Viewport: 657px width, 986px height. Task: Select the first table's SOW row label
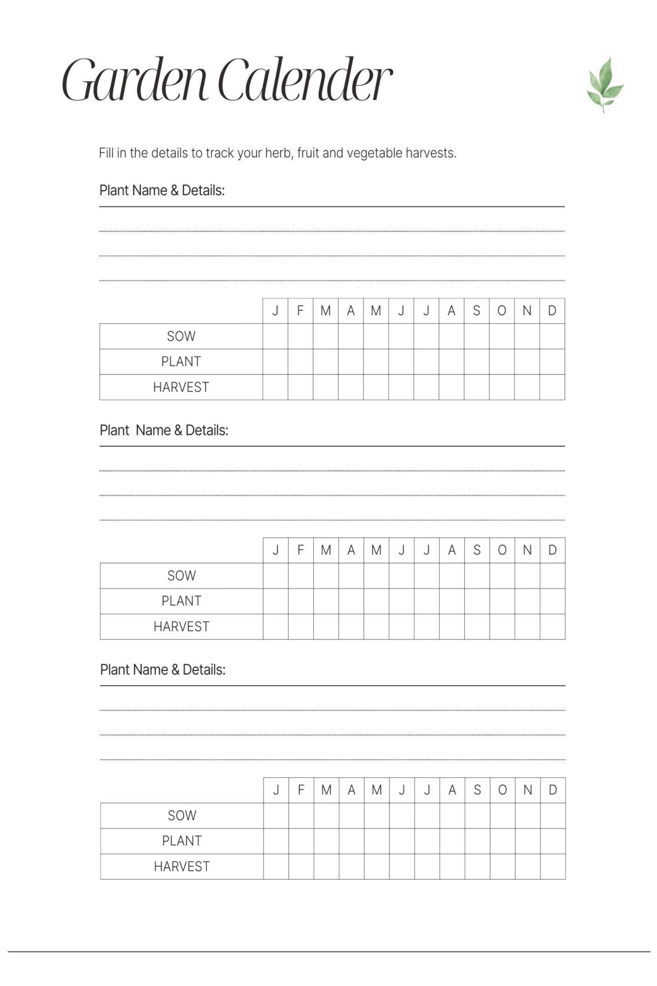pyautogui.click(x=181, y=336)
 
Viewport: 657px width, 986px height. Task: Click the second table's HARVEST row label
pyautogui.click(x=181, y=626)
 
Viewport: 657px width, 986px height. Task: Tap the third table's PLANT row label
pyautogui.click(x=181, y=841)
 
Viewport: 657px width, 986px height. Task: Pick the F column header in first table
pyautogui.click(x=300, y=311)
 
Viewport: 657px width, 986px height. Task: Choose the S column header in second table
pyautogui.click(x=477, y=550)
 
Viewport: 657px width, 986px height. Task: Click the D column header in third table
pyautogui.click(x=553, y=790)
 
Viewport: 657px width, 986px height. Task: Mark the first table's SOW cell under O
pyautogui.click(x=502, y=336)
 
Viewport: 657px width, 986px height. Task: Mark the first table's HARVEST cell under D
pyautogui.click(x=552, y=387)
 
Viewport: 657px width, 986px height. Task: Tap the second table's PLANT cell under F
pyautogui.click(x=301, y=601)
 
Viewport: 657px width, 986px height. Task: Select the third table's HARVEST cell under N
pyautogui.click(x=527, y=866)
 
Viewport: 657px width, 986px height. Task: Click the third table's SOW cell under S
pyautogui.click(x=477, y=815)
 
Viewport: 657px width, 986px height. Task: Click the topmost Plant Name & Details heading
pyautogui.click(x=162, y=190)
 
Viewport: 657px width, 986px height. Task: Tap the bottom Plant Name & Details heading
pyautogui.click(x=162, y=669)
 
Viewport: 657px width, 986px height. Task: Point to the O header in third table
pyautogui.click(x=502, y=790)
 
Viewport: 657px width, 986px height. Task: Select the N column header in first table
pyautogui.click(x=527, y=311)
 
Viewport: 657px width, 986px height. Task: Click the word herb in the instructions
pyautogui.click(x=280, y=153)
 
